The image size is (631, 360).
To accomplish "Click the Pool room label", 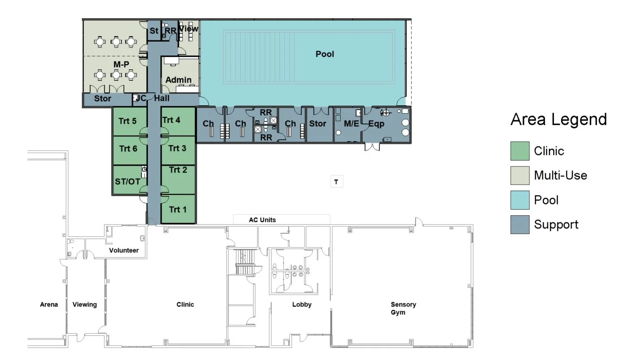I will [325, 54].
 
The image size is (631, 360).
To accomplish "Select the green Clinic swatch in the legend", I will [520, 151].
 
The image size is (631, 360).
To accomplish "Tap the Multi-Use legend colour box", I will [520, 176].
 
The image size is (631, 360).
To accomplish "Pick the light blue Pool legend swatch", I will [520, 200].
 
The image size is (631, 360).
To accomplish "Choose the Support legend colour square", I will [520, 224].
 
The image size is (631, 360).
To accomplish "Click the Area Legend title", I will [558, 120].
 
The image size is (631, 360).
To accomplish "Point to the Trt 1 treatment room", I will [178, 210].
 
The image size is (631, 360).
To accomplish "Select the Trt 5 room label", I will [128, 121].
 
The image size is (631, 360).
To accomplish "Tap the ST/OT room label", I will [128, 181].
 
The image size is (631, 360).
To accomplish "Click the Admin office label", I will [179, 80].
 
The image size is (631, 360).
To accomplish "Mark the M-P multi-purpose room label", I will [121, 65].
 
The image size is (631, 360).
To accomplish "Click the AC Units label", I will [262, 220].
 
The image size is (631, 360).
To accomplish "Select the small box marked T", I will [336, 182].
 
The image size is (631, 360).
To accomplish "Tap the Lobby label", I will [302, 304].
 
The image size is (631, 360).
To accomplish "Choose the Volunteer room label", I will [124, 250].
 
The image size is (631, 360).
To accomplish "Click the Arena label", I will [49, 304].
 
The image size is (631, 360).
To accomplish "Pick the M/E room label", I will [352, 124].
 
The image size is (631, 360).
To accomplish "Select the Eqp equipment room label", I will [377, 124].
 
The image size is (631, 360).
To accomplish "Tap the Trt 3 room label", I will [177, 148].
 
